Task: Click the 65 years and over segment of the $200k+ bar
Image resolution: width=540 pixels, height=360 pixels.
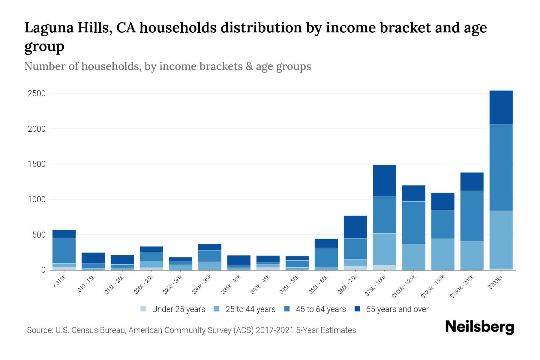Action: point(501,107)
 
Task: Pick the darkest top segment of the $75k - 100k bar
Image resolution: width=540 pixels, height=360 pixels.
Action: point(384,181)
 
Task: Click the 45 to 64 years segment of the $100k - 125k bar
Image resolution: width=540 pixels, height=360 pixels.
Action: point(413,223)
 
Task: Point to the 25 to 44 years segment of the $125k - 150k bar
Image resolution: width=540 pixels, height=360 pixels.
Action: point(442,254)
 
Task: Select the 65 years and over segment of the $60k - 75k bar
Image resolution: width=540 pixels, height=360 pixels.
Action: point(355,227)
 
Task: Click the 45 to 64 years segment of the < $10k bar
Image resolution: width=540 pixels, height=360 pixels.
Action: point(64,250)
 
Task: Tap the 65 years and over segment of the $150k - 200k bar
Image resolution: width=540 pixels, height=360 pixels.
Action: point(472,181)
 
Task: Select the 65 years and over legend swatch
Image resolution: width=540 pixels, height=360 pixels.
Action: point(357,309)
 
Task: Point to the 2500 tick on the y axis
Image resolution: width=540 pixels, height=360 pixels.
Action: point(37,94)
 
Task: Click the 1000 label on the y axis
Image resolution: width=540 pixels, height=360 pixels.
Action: point(37,199)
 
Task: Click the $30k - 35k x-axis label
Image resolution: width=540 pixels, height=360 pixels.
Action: point(202,284)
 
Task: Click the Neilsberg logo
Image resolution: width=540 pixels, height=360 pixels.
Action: point(479,327)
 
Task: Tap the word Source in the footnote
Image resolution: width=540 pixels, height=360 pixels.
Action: point(39,330)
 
